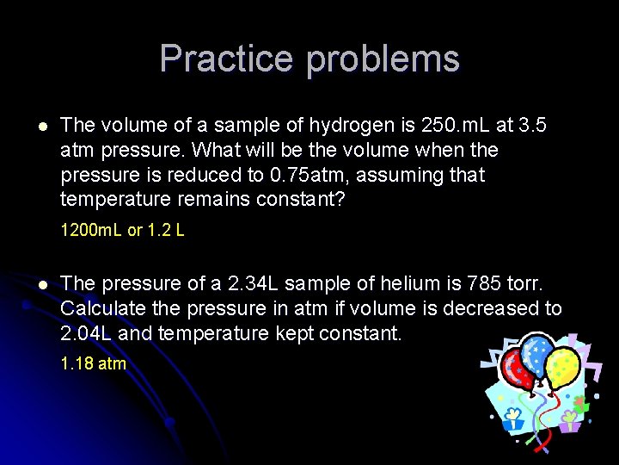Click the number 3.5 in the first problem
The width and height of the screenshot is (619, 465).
point(532,125)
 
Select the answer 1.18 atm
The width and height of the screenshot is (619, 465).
point(93,363)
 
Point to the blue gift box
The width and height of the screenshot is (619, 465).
point(514,419)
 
